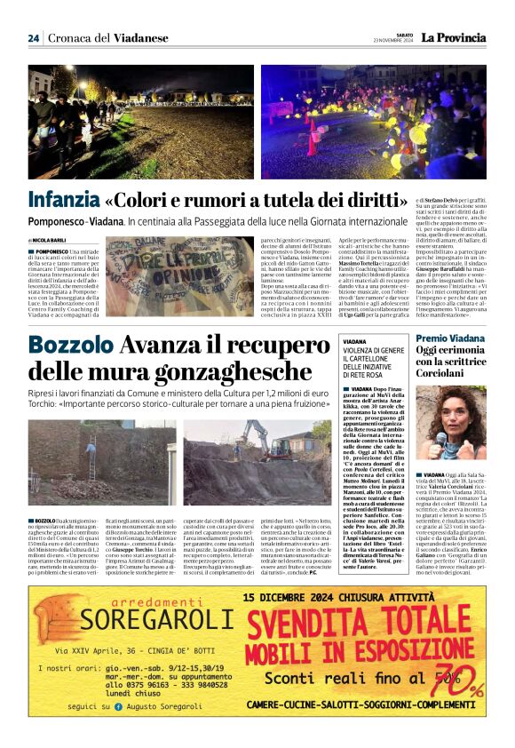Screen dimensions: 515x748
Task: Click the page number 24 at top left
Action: pos(33,38)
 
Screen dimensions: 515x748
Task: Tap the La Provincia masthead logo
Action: pos(454,37)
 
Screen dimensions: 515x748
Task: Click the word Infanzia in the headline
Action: pos(63,198)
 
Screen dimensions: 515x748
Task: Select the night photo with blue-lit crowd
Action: pos(374,122)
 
